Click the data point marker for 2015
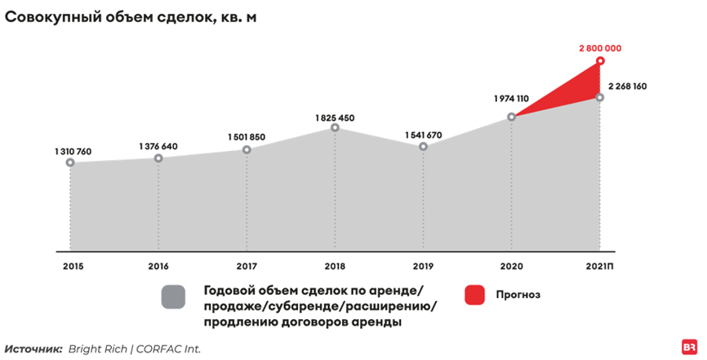click(71, 162)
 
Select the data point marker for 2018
click(335, 128)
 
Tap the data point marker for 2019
click(423, 147)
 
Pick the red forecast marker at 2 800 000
click(600, 61)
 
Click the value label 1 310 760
click(73, 151)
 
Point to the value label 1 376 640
click(158, 146)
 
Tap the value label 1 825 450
click(335, 117)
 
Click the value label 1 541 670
click(423, 135)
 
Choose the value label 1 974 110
click(511, 99)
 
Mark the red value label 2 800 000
click(600, 49)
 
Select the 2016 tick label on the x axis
click(158, 267)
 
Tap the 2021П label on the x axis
click(601, 267)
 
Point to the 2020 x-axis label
click(512, 267)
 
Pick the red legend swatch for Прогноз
click(475, 296)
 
